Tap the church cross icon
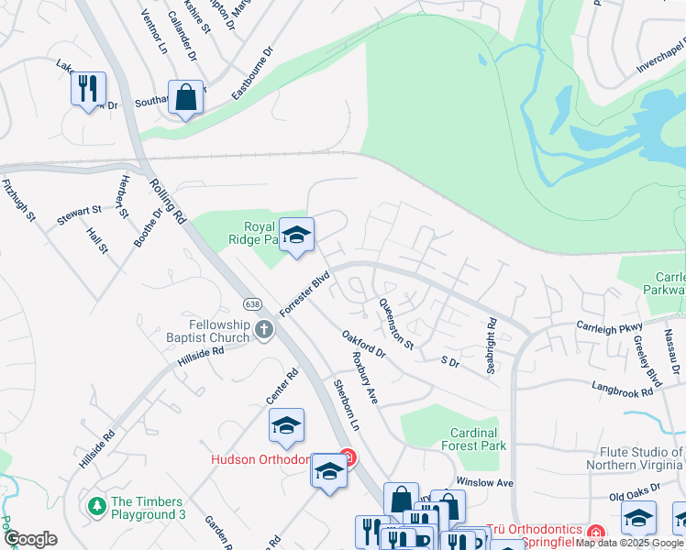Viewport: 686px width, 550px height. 264,329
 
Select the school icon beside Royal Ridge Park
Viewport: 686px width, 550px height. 296,236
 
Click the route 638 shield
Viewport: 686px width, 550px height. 252,303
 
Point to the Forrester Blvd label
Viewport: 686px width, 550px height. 304,293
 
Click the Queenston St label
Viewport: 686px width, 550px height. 397,325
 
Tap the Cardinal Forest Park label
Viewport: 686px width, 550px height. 474,439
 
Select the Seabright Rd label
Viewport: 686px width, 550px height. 492,346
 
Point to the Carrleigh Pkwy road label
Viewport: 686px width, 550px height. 610,325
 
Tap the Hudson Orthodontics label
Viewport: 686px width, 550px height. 271,459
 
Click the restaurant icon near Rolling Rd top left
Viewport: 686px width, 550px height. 88,89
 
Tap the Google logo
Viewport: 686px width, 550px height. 30,539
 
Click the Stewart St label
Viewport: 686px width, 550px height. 77,211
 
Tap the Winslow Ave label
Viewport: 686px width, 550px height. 485,482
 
